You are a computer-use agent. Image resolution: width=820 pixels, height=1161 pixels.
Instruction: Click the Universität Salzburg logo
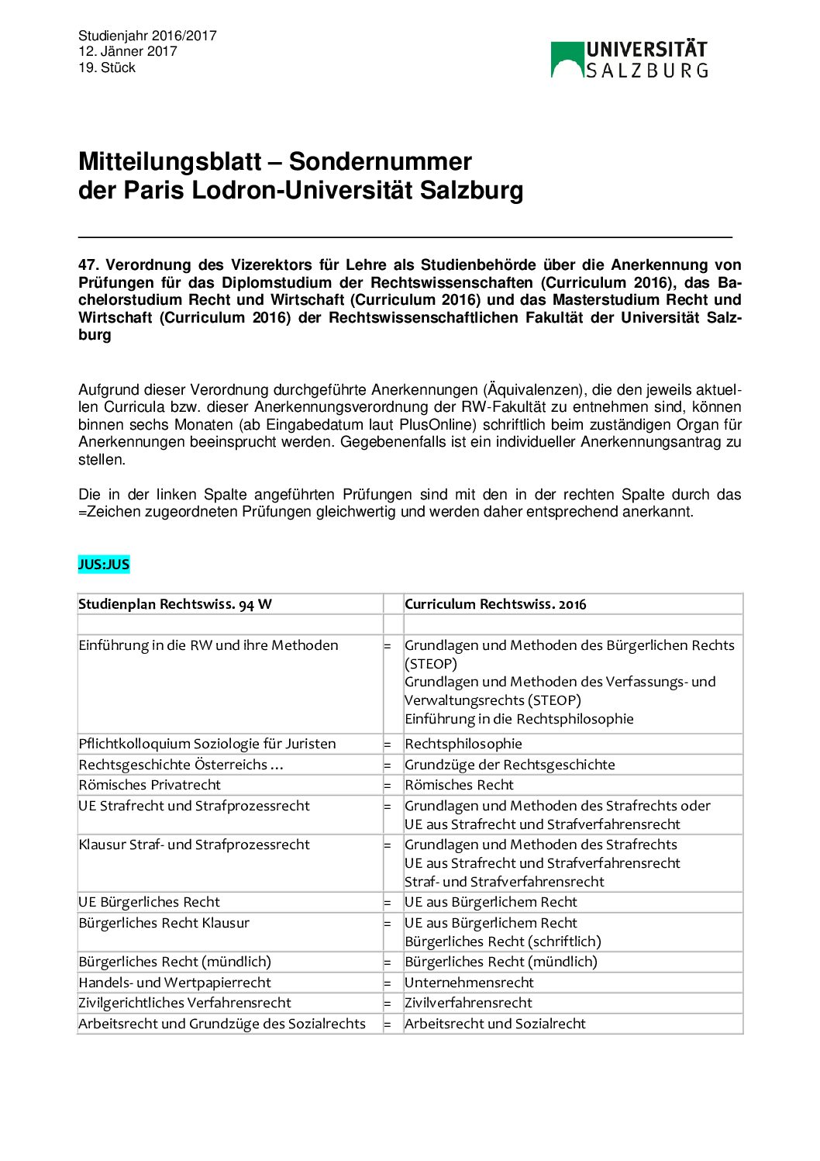[629, 60]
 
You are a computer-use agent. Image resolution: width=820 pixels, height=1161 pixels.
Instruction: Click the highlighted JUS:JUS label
[104, 565]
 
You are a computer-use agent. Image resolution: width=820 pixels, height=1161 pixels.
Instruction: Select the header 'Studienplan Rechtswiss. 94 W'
[175, 604]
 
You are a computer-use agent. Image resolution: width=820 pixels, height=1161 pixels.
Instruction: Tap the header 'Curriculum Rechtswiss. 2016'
[495, 604]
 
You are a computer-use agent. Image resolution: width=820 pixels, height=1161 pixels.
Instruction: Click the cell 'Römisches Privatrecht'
[150, 785]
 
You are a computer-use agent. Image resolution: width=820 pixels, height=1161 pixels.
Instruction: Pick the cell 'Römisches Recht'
[459, 785]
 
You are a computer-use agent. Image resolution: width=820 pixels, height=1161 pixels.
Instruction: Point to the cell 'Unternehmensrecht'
[469, 983]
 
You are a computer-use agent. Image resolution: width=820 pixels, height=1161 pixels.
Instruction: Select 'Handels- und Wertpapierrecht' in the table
[175, 983]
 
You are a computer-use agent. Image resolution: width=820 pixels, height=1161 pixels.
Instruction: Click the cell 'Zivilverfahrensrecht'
[468, 1003]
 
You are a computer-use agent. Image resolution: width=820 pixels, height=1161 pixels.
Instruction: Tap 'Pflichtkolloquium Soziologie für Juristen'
[207, 744]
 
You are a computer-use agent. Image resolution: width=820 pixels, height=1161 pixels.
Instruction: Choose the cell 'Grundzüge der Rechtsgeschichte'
[509, 765]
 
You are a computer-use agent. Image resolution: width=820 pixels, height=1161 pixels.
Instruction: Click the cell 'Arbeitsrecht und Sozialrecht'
[494, 1024]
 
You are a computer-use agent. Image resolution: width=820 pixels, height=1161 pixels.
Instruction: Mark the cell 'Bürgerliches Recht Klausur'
[164, 923]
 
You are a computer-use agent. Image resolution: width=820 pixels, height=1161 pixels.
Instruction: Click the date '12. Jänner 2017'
[128, 51]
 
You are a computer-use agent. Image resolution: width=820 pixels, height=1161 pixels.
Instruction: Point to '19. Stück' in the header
[107, 67]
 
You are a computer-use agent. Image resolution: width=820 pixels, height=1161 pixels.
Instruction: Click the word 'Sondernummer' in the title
[380, 161]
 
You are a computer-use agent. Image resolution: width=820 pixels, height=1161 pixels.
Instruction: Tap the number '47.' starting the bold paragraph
[89, 265]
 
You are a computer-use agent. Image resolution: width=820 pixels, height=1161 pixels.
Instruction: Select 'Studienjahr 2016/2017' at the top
[147, 36]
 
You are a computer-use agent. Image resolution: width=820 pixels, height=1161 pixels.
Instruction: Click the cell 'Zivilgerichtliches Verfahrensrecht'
[184, 1003]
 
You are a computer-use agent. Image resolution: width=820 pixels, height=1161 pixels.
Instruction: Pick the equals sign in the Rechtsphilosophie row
[388, 745]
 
